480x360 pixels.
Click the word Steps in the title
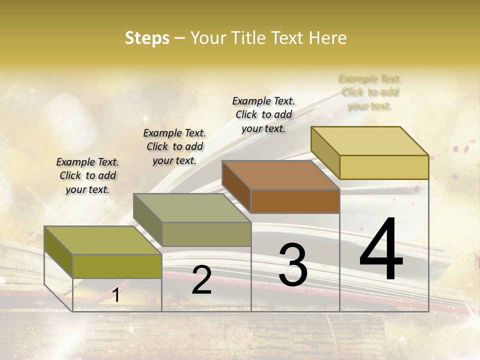click(147, 38)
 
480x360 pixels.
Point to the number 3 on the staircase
click(292, 264)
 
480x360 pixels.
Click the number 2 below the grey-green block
click(201, 280)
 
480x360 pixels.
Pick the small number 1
click(115, 295)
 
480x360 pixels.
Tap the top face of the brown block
click(280, 174)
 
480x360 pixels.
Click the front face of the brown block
click(295, 201)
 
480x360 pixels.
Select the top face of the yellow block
click(370, 140)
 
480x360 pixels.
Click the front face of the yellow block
click(384, 167)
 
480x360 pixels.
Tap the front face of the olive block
click(117, 266)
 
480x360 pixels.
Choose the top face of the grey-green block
click(192, 207)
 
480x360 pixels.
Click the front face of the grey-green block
click(206, 234)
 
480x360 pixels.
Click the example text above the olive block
click(87, 175)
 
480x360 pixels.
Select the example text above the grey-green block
click(174, 146)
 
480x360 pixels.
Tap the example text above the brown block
click(263, 114)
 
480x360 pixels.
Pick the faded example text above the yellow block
click(369, 92)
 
